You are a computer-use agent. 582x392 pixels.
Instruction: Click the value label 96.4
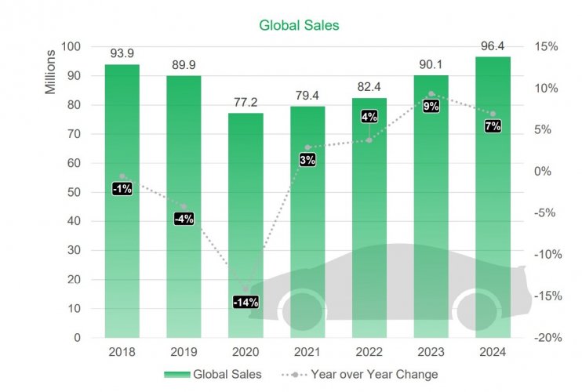[x=493, y=44]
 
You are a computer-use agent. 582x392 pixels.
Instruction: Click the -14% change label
[x=246, y=302]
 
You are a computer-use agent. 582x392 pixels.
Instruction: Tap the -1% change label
[x=122, y=188]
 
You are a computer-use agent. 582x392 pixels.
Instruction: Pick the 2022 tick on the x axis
[x=369, y=352]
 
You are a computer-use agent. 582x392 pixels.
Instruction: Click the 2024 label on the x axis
[x=493, y=352]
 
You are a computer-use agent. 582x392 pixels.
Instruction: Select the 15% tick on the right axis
[x=546, y=47]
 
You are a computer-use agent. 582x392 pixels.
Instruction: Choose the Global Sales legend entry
[x=213, y=375]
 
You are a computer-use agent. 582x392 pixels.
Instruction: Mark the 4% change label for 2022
[x=369, y=116]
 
